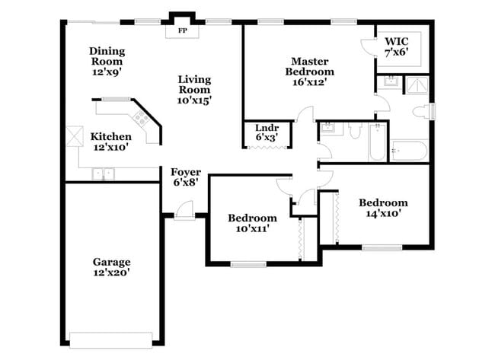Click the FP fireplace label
coord(183,30)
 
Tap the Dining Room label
coord(107,62)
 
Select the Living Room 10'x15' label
coord(194,90)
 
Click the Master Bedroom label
coord(310,72)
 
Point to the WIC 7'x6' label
coord(397,46)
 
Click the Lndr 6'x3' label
coord(267,132)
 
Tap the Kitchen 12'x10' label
coord(111,142)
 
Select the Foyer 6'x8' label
coord(186,177)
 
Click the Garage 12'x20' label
coord(112,267)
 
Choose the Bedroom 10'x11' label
coord(253,223)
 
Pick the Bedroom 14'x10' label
coord(383,208)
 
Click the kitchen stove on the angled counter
coord(141,118)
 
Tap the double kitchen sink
coord(104,174)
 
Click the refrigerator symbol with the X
coord(75,136)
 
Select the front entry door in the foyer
coord(184,210)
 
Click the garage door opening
coord(111,339)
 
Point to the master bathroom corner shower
coord(417,85)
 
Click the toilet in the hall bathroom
coord(356,131)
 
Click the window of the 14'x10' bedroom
coord(382,248)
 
